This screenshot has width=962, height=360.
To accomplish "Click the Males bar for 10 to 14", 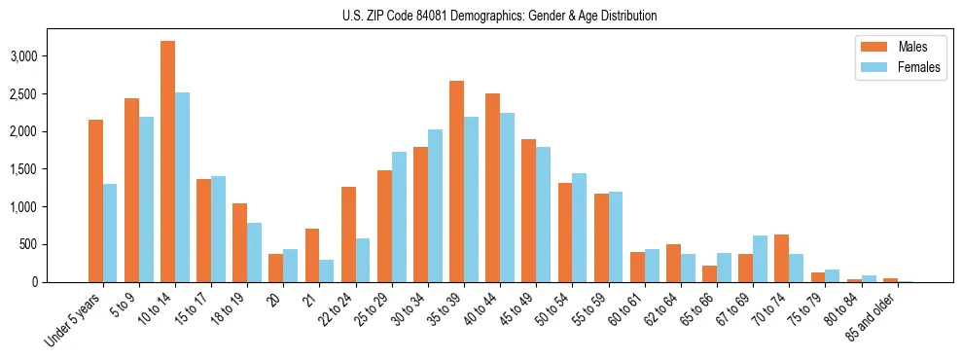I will pos(167,162).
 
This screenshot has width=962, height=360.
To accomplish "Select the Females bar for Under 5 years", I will pos(110,234).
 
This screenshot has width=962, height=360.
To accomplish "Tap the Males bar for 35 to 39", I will pos(456,182).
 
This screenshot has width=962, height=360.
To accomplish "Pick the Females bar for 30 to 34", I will pos(435,206).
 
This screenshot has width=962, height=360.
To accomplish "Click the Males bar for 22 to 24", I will pos(348,234).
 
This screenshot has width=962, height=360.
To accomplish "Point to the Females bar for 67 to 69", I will pos(760,259).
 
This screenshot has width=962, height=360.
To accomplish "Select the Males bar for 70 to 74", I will pos(782,259).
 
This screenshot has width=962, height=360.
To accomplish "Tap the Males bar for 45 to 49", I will pos(528,211).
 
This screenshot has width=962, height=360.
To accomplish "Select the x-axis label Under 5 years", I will pos(75,321).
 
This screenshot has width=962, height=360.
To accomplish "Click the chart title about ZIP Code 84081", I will pos(499,16).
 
